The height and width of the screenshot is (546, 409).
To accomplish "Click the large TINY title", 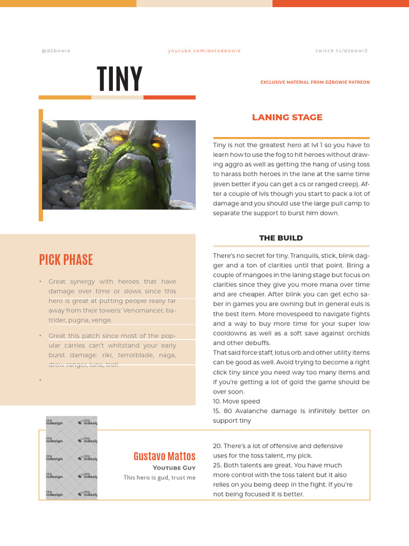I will coord(120,79).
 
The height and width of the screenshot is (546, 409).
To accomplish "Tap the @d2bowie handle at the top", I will coord(56,51).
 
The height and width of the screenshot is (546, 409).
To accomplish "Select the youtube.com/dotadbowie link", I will coord(204,51).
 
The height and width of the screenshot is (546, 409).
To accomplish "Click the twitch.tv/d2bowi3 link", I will coord(341,51).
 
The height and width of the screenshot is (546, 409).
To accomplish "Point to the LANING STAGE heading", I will coord(287,117).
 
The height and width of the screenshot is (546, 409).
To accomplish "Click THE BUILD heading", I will coord(281,238).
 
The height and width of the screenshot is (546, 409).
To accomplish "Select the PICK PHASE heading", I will coord(66,260).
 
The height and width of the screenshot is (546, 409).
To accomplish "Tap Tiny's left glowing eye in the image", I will coord(118,139).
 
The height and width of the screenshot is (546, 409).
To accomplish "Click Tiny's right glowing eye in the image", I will coord(156,143).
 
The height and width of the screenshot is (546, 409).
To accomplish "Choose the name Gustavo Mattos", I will coord(164,456).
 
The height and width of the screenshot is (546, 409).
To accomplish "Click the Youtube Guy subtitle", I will coord(174,468).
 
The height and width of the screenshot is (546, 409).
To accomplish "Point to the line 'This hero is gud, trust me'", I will coord(159,478).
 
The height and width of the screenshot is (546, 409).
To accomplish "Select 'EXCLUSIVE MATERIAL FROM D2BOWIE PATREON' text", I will coord(315,82).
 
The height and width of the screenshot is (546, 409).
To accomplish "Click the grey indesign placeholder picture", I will coord(71,457).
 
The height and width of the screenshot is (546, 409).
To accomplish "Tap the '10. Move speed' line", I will coord(236,402).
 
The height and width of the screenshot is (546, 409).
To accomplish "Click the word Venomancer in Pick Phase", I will coord(136,310).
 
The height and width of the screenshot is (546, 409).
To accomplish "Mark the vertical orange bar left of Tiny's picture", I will coord(41,165).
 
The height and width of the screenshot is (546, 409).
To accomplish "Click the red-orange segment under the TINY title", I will coord(169,97).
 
